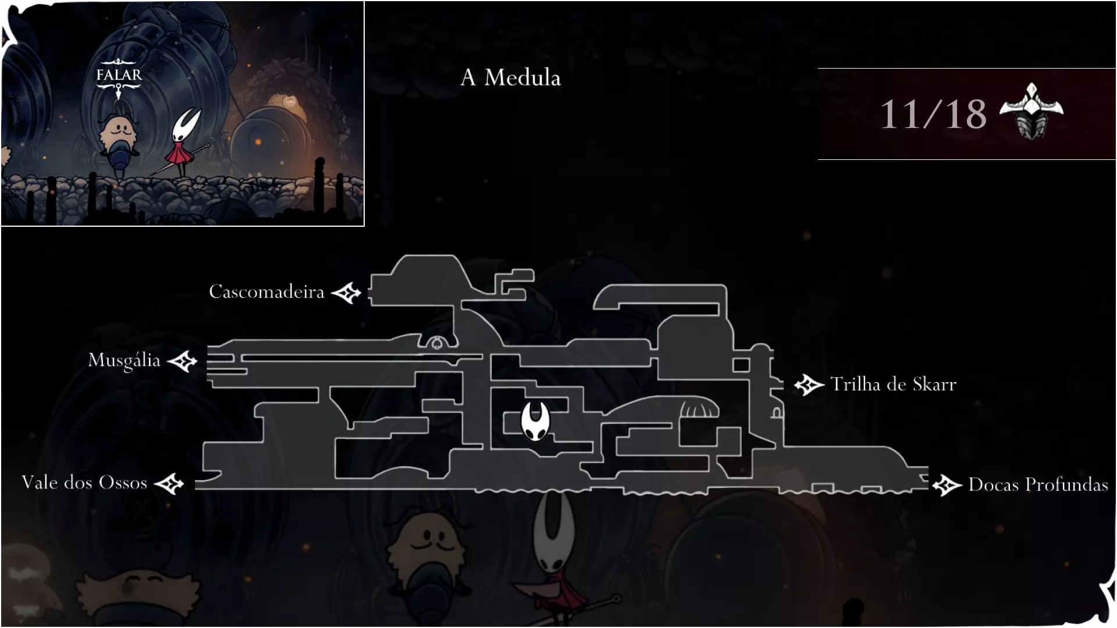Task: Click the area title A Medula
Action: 510,77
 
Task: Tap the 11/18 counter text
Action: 933,114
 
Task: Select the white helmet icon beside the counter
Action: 1031,110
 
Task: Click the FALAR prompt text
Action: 119,75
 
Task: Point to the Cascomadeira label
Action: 266,291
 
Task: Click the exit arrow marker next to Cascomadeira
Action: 346,293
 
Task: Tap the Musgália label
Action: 124,361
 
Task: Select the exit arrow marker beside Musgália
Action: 183,361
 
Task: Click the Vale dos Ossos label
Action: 84,483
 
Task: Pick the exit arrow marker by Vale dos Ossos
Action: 169,484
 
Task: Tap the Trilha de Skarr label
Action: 893,384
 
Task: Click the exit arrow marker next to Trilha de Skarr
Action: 809,385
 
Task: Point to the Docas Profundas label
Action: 1038,484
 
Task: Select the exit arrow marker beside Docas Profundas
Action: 947,486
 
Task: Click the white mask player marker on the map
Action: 535,421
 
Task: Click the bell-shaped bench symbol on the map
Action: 437,343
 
